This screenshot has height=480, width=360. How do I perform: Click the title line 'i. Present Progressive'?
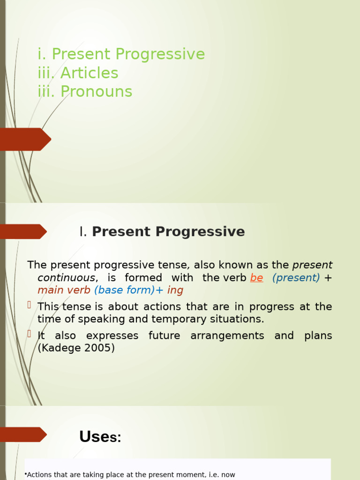(x=121, y=54)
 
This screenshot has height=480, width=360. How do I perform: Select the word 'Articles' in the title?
(x=89, y=73)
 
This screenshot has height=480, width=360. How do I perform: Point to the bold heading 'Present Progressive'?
(x=168, y=232)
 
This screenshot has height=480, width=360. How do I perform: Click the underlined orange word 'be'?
(x=256, y=277)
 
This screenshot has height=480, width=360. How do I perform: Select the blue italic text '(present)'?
(x=296, y=277)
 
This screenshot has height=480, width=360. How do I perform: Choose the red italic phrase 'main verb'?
(x=64, y=290)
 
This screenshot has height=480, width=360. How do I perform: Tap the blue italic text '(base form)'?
(x=124, y=290)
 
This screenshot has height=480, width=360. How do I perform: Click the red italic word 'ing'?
(x=175, y=290)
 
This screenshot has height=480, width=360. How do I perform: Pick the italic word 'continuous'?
(x=66, y=277)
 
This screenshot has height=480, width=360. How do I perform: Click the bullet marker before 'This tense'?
(x=29, y=305)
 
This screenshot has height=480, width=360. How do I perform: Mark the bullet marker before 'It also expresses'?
(x=29, y=334)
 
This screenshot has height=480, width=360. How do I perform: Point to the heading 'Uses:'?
(x=100, y=437)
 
